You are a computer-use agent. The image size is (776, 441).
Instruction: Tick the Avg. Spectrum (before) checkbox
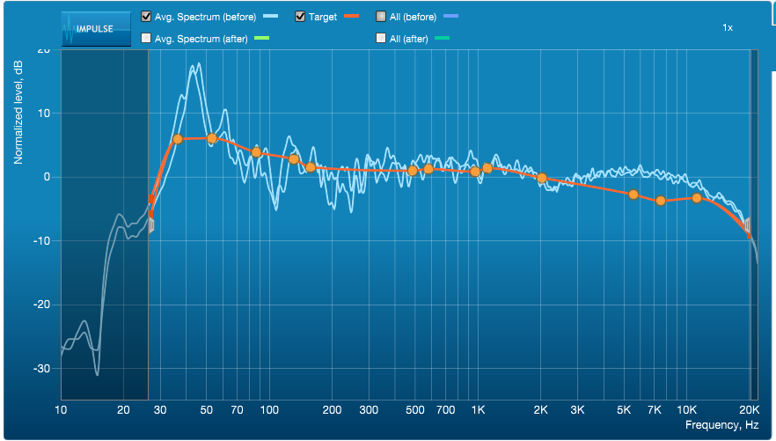[x=146, y=17]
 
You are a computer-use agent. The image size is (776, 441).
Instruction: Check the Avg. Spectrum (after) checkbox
[x=146, y=38]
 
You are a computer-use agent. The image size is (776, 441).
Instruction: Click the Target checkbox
[x=300, y=17]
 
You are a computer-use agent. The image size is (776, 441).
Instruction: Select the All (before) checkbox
[x=380, y=17]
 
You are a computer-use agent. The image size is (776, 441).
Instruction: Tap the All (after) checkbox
[x=380, y=38]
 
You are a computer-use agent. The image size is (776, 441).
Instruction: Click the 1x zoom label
[x=728, y=28]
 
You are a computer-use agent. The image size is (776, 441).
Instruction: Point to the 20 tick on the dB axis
[x=44, y=50]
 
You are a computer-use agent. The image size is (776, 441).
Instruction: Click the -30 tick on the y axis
[x=42, y=369]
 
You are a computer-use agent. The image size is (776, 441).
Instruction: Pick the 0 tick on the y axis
[x=48, y=177]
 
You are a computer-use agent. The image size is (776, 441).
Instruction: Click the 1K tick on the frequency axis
[x=478, y=410]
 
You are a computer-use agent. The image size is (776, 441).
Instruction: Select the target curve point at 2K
[x=542, y=178]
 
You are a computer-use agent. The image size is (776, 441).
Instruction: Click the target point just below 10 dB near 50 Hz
[x=212, y=138]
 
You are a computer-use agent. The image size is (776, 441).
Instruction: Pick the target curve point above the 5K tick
[x=633, y=195]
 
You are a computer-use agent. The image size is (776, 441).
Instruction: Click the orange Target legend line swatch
[x=353, y=17]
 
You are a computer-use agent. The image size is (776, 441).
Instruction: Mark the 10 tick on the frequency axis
[x=61, y=410]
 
